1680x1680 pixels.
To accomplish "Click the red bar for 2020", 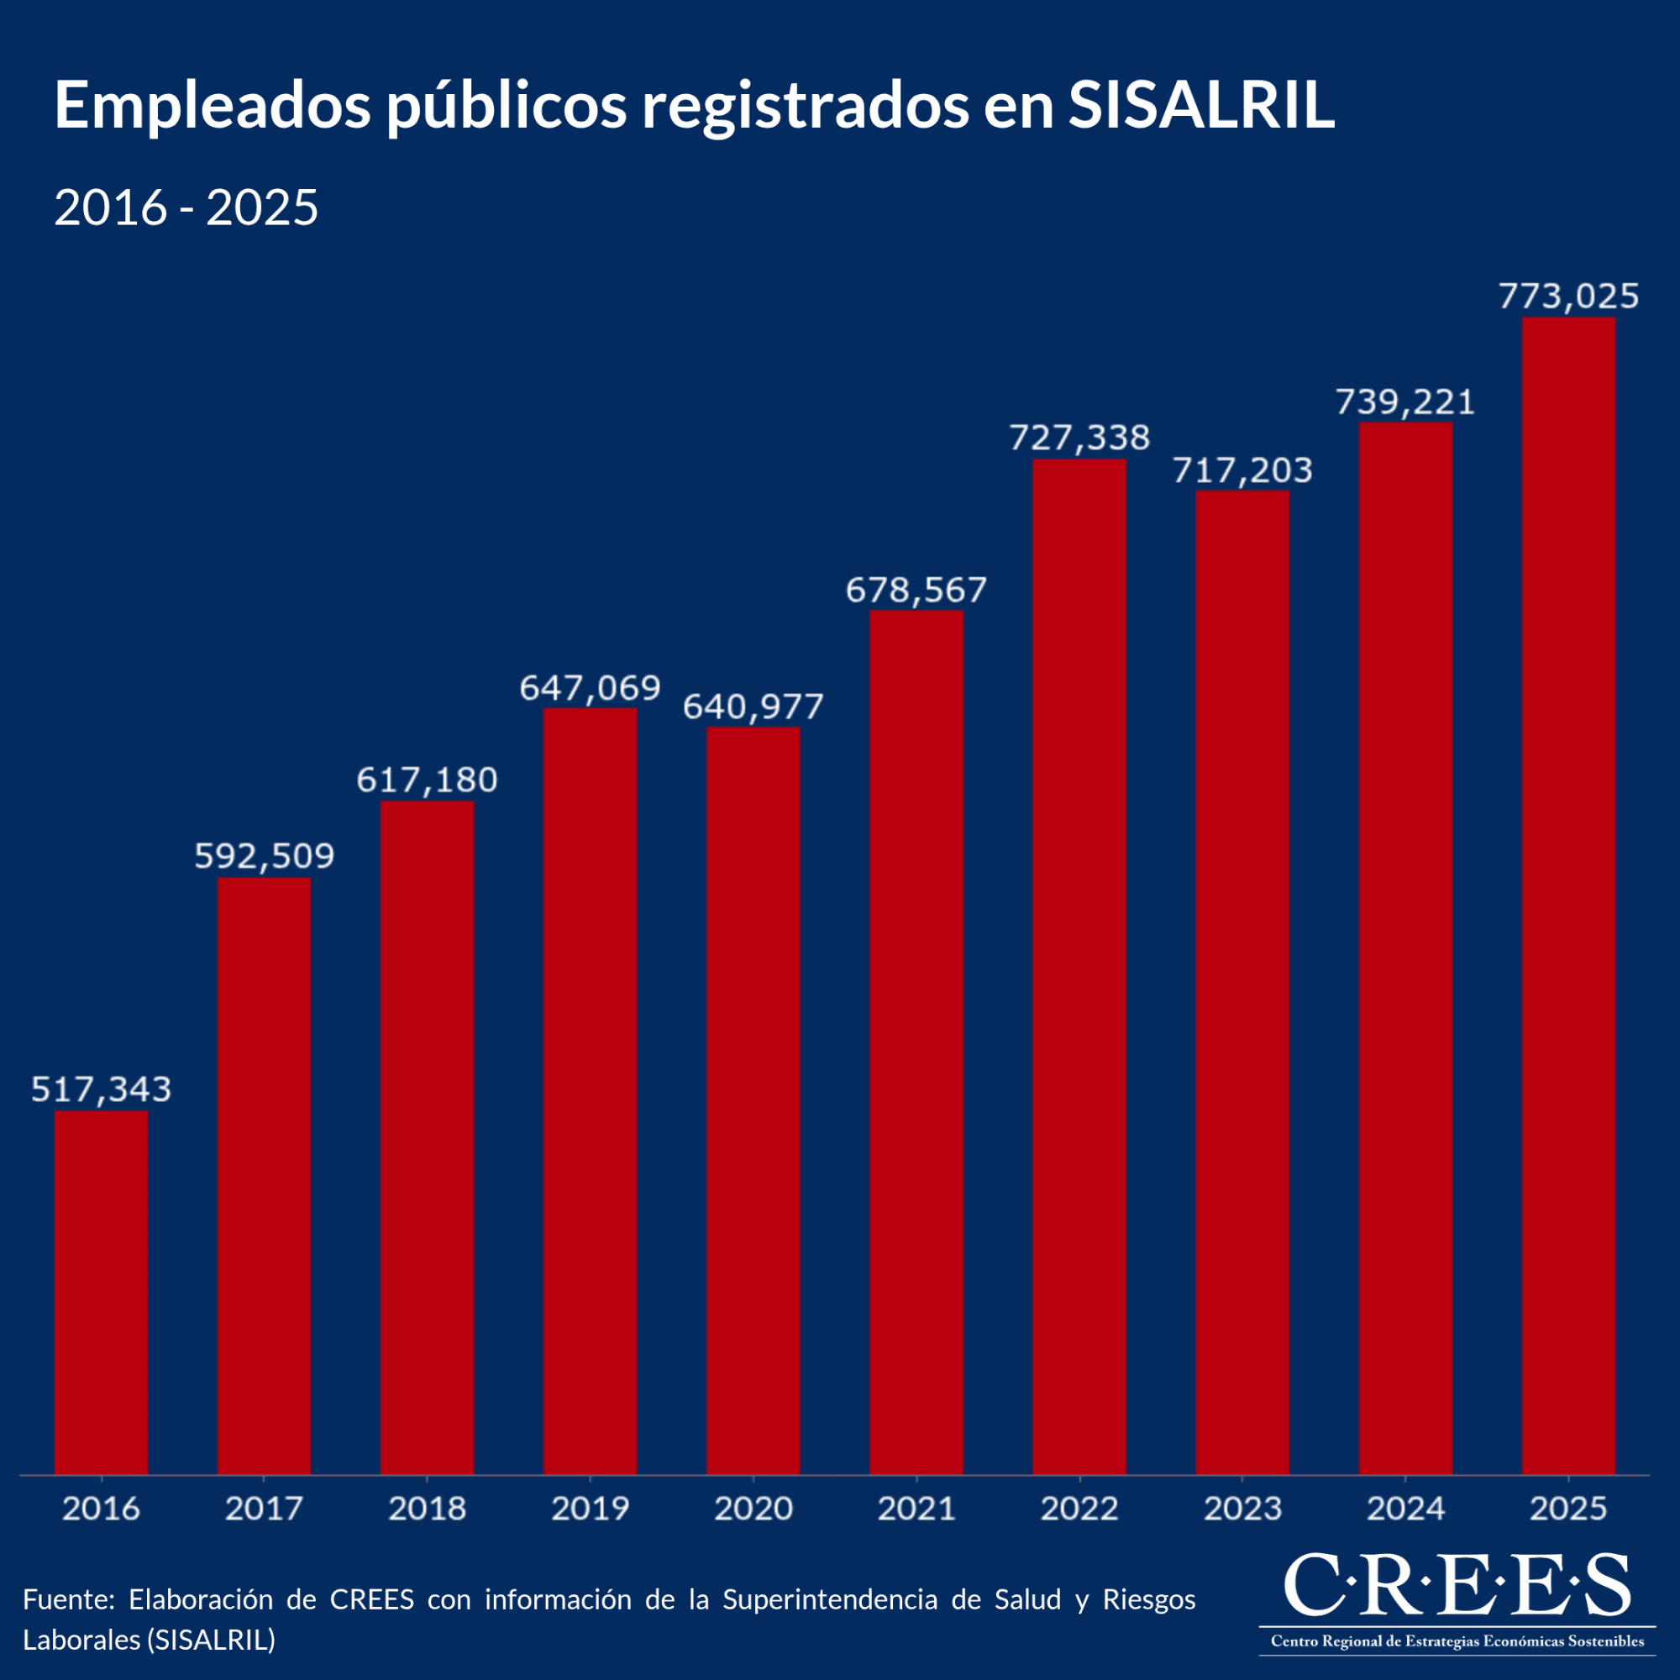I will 753,1100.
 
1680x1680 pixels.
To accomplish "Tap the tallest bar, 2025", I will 1567,895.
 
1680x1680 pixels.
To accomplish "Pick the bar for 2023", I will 1242,983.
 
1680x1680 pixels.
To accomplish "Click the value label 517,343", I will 101,1089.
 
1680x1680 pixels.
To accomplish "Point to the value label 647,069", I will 590,688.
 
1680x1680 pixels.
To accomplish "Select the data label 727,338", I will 1079,438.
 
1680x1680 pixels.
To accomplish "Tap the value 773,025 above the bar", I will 1567,297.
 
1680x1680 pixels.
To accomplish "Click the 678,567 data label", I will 916,591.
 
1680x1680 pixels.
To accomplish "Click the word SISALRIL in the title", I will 1201,106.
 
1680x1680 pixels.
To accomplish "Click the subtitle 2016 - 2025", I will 186,207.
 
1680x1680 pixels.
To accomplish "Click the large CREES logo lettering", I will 1457,1583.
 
